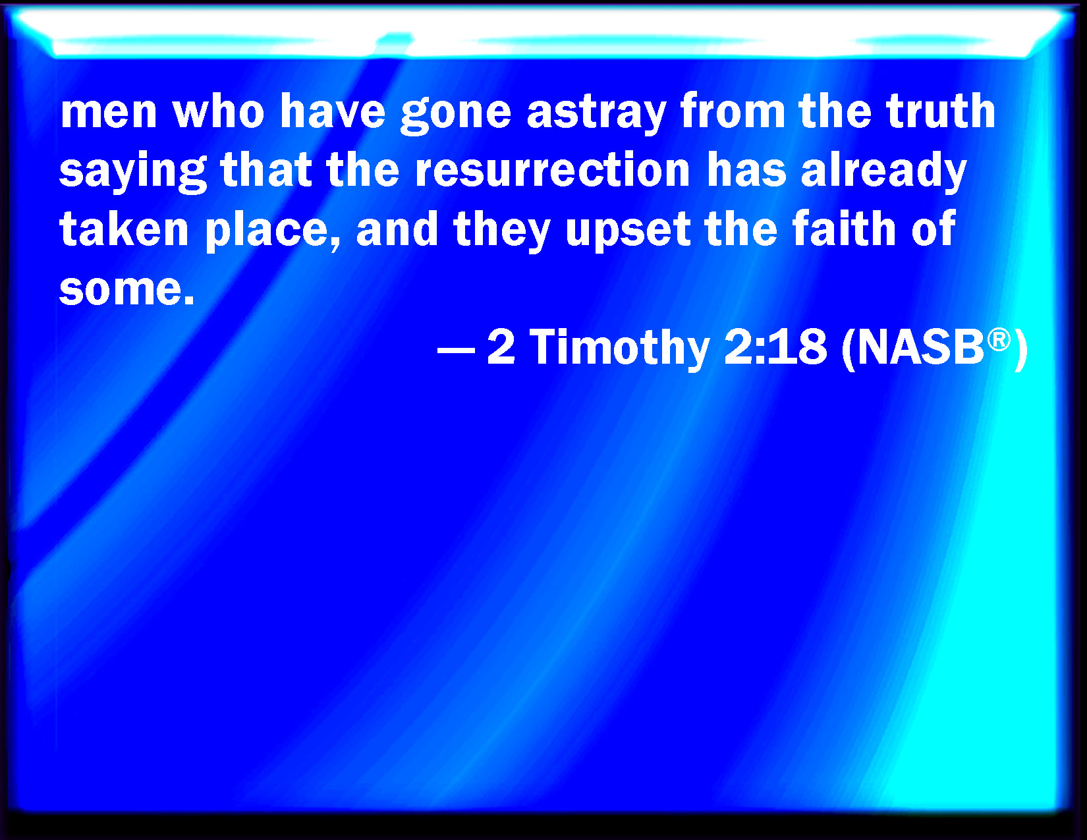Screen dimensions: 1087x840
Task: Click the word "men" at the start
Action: pos(109,113)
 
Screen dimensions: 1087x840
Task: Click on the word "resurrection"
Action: pos(553,169)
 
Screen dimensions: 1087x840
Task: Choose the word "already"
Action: pos(883,171)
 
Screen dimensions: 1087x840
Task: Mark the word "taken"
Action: pos(124,228)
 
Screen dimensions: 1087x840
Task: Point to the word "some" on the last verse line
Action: pos(120,291)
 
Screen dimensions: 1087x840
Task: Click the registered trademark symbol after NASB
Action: pos(999,340)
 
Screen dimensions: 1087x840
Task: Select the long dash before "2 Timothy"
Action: pos(456,349)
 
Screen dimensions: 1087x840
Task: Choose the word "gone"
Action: pos(456,115)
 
